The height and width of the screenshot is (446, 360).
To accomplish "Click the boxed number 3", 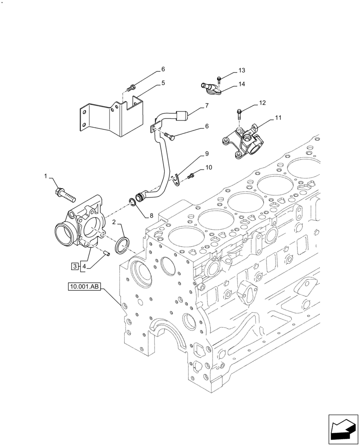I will (x=106, y=253).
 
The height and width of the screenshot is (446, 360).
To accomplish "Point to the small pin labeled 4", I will (x=163, y=83).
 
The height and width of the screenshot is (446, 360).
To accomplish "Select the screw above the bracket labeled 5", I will (x=207, y=106).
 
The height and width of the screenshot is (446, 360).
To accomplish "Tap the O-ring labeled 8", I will (x=207, y=154).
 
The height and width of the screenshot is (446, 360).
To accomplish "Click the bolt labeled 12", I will (x=241, y=70).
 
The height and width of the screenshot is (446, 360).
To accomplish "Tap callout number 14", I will (x=241, y=84).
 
